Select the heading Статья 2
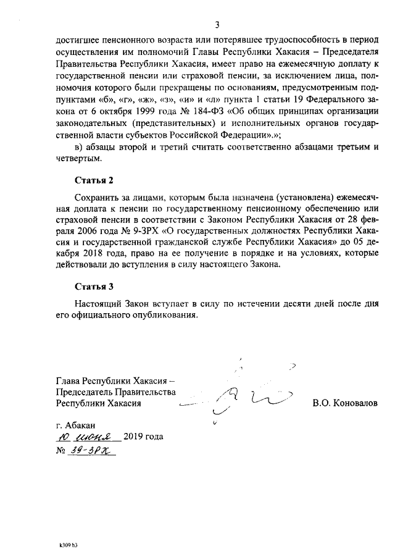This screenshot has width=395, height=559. [x=94, y=181]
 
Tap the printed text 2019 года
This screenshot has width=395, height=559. [x=144, y=437]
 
